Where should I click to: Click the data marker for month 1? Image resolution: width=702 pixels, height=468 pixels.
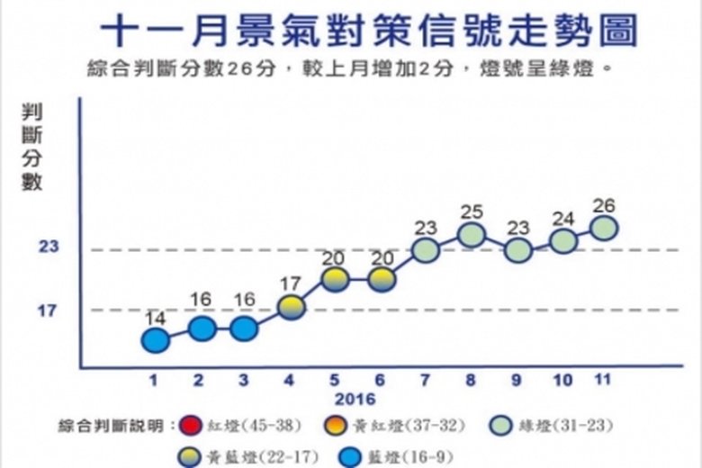coord(156,340)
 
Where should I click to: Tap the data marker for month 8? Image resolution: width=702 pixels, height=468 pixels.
coord(472,235)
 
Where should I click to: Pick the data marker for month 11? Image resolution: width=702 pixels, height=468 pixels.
coord(605,229)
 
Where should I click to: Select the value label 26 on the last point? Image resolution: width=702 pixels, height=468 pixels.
coord(605,206)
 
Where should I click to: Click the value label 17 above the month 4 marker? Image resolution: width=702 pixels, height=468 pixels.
coord(291,285)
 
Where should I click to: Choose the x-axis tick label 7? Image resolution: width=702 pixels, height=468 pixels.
coord(425,380)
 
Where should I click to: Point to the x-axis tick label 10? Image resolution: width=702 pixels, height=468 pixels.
coord(562,380)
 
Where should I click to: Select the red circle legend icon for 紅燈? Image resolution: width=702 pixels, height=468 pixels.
coord(190,425)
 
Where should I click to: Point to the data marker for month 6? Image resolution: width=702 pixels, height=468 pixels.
coord(382,279)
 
